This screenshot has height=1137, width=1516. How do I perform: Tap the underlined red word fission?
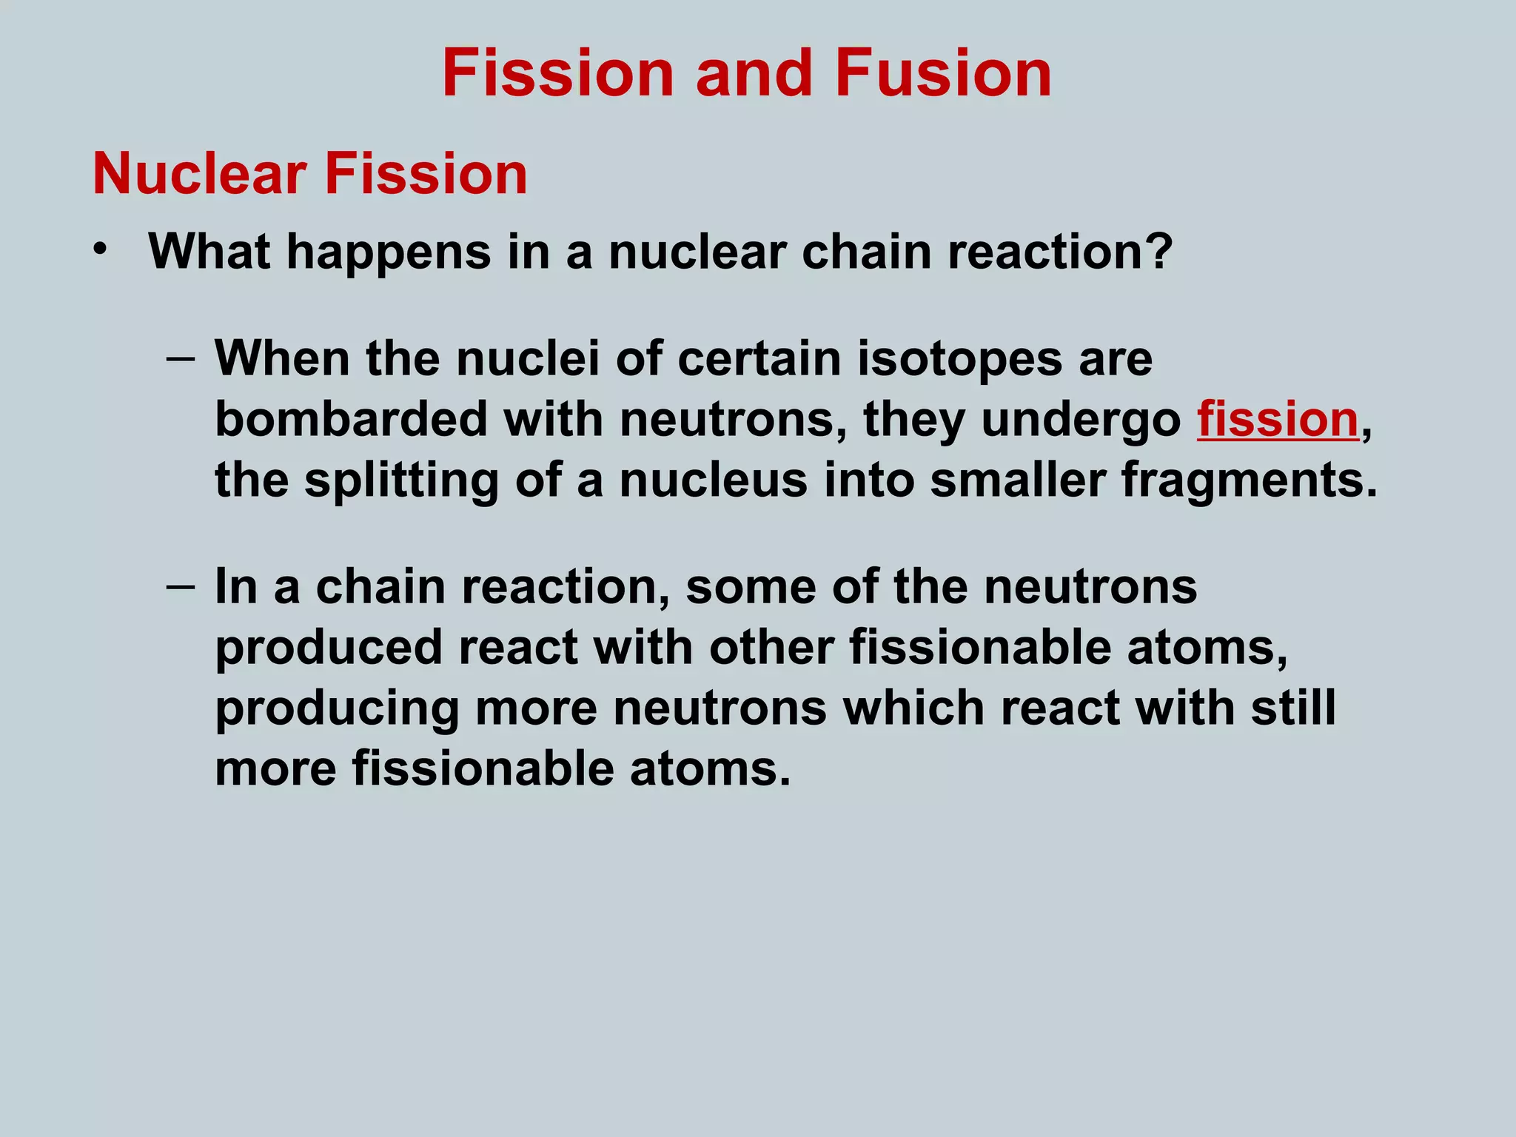coord(1278,420)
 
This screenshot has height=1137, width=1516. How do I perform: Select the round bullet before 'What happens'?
coord(101,249)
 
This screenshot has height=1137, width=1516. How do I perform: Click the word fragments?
coord(1249,480)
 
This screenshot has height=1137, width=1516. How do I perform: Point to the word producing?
coord(337,708)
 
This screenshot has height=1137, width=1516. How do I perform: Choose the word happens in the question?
coord(389,252)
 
